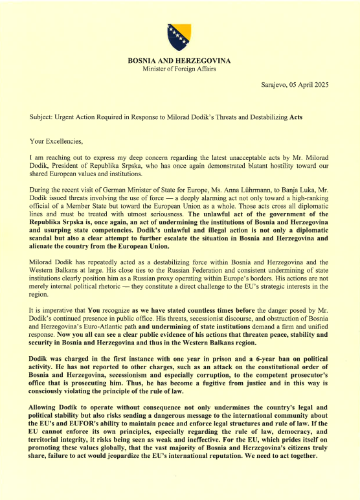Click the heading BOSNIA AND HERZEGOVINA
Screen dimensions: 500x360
(x=179, y=61)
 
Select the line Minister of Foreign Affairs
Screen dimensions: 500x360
(x=179, y=69)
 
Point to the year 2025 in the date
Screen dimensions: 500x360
(x=319, y=85)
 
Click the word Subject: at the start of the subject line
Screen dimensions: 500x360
(x=43, y=117)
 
